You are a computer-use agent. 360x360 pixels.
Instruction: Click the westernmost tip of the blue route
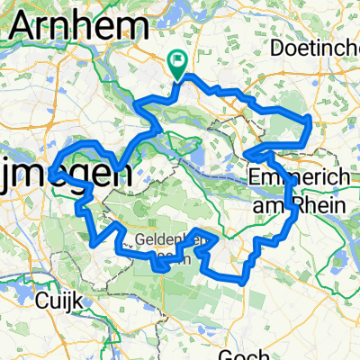pyautogui.click(x=52, y=168)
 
